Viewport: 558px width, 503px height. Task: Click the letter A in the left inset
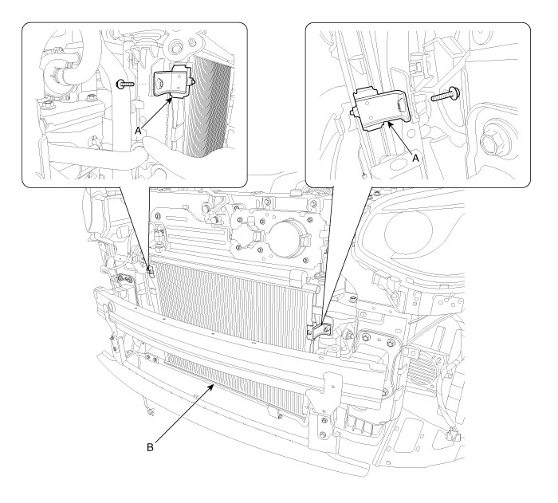click(138, 131)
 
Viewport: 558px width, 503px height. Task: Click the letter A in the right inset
click(415, 158)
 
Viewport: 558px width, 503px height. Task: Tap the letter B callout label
click(150, 447)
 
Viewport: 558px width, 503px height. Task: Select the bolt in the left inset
click(125, 84)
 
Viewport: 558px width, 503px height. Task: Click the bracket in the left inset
click(172, 81)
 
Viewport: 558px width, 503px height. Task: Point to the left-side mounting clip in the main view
click(151, 270)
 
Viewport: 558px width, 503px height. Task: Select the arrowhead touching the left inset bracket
click(169, 100)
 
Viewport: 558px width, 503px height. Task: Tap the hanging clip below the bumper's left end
click(151, 412)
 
